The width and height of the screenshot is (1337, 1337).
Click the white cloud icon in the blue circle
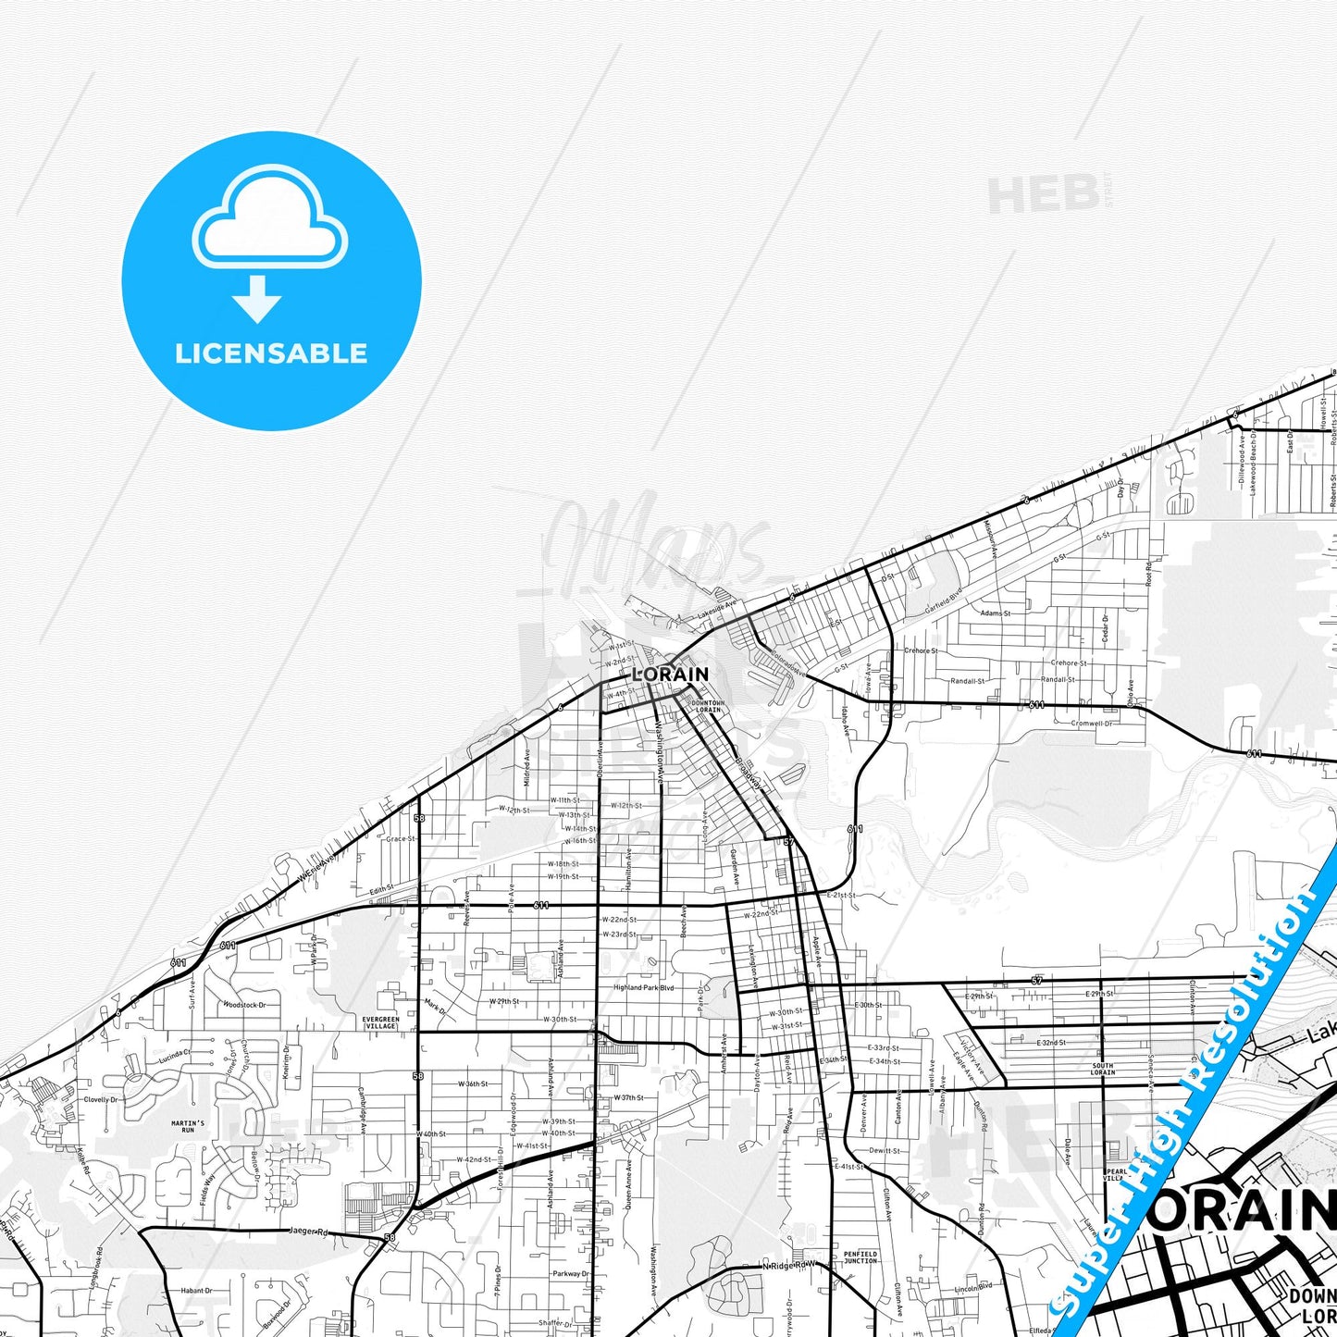[x=270, y=219]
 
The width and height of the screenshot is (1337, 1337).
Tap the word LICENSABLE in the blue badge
[x=271, y=353]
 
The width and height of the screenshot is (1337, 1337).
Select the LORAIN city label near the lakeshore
[x=671, y=675]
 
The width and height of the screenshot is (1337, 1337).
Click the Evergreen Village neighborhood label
[x=381, y=1022]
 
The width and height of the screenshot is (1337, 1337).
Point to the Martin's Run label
[x=188, y=1126]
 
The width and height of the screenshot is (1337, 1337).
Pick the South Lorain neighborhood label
[x=1102, y=1070]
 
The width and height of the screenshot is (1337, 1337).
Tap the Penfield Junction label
[x=860, y=1257]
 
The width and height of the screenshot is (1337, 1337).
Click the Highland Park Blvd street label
[x=644, y=987]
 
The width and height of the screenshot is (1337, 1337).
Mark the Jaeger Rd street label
[x=309, y=1232]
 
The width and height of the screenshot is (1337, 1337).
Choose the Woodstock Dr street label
[x=244, y=1005]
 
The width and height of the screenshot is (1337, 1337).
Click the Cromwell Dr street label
[x=1092, y=724]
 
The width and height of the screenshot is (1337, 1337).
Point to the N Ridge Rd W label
[x=791, y=1264]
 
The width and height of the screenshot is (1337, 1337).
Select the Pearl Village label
[x=1117, y=1175]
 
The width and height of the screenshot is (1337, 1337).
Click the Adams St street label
[x=995, y=613]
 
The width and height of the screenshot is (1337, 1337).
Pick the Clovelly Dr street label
[x=101, y=1100]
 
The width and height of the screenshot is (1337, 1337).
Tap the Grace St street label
[x=401, y=839]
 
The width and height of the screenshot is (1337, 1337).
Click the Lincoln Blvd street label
[x=973, y=1287]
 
